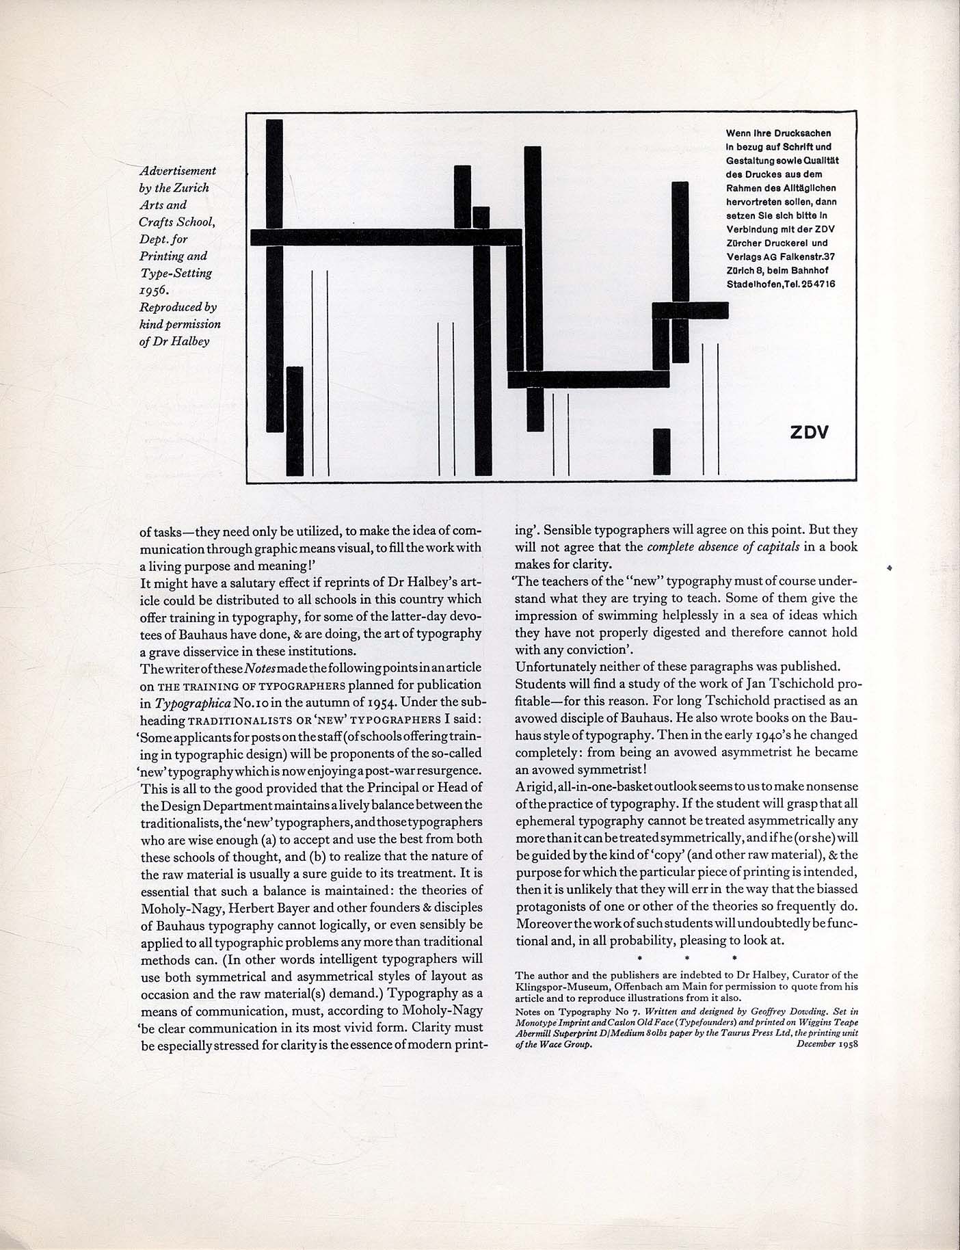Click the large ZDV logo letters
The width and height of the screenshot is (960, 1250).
[809, 432]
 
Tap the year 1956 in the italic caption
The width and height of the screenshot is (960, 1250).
[154, 290]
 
